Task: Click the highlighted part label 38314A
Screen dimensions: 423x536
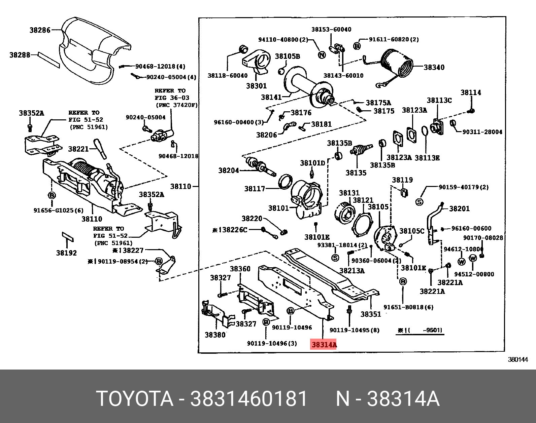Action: click(x=324, y=345)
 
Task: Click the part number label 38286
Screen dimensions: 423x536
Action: click(x=40, y=30)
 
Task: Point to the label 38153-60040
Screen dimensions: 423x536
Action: click(x=331, y=30)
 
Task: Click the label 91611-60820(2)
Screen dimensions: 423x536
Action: click(x=394, y=39)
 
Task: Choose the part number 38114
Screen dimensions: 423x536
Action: click(x=471, y=92)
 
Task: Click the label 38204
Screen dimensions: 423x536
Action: click(x=228, y=170)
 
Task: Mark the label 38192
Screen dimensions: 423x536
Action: click(x=66, y=253)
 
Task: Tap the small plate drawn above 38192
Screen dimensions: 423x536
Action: click(x=67, y=236)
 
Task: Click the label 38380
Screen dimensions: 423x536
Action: click(x=215, y=335)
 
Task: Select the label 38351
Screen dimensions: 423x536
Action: click(x=371, y=314)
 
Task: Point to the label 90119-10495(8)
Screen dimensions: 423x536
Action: click(x=354, y=330)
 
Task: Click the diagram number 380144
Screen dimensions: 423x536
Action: click(x=518, y=359)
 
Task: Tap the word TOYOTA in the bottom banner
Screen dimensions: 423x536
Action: click(x=135, y=399)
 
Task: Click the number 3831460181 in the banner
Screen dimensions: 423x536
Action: click(x=249, y=399)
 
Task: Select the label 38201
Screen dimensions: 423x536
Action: click(x=459, y=209)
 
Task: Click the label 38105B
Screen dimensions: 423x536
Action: click(x=287, y=56)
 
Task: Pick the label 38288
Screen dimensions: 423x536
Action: click(x=20, y=55)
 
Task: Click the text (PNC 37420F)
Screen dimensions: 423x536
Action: click(x=176, y=105)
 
